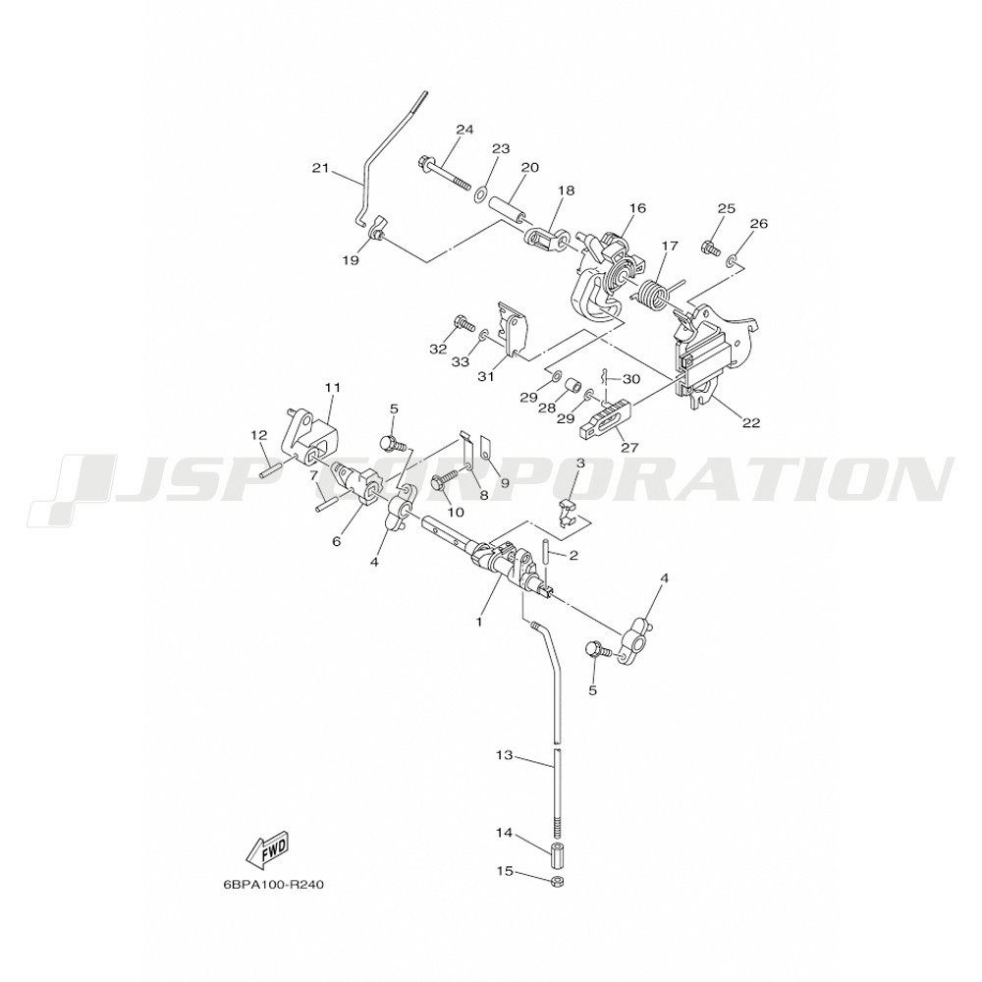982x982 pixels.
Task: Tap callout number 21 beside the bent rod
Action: (x=320, y=168)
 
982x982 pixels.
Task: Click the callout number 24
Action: (x=464, y=130)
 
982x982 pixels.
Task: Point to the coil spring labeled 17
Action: (x=654, y=293)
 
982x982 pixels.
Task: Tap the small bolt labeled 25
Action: (x=711, y=248)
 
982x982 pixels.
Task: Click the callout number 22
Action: (x=751, y=422)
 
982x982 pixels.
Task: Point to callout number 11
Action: (x=332, y=388)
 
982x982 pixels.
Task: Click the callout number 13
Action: (x=504, y=756)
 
